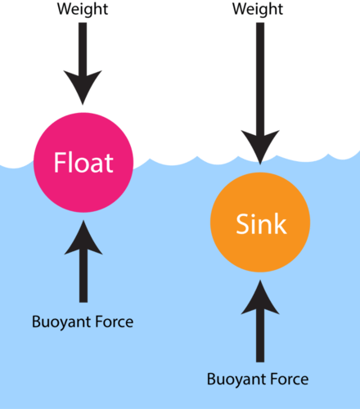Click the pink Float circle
point(83,184)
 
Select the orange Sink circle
point(260,222)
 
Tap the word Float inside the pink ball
point(83,164)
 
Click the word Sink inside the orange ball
point(260,222)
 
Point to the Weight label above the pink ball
point(83,9)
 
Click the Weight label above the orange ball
point(259,9)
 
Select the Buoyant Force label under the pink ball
point(83,321)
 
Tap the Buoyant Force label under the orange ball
point(258,379)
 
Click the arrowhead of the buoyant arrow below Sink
point(260,298)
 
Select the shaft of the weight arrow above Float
point(83,45)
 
